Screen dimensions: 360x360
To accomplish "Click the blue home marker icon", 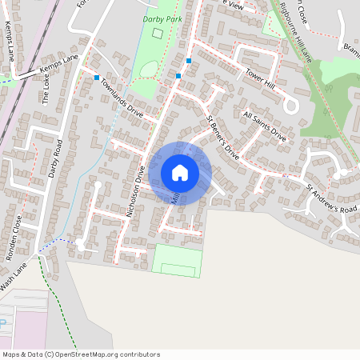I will pos(180,173).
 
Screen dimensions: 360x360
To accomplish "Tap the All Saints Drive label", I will pos(264,126).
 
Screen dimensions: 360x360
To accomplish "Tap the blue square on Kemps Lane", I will pos(97,78).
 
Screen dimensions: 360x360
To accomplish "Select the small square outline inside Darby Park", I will pos(157,34).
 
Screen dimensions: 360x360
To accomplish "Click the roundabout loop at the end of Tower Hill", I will pos(291,106).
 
